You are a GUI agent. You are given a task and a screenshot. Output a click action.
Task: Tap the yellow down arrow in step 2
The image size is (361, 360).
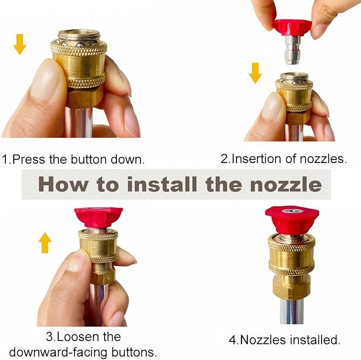pyautogui.click(x=255, y=72)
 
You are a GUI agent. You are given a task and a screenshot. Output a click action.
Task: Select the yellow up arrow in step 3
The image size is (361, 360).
pyautogui.click(x=45, y=243)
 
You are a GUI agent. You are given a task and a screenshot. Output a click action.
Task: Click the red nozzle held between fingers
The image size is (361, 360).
pyautogui.click(x=292, y=27)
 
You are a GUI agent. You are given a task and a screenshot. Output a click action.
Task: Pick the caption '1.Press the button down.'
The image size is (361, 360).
pyautogui.click(x=73, y=159)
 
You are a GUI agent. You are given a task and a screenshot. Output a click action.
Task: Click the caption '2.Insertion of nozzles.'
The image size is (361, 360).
pyautogui.click(x=283, y=159)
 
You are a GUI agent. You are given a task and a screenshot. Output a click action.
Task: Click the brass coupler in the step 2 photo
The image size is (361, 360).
pyautogui.click(x=294, y=96)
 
